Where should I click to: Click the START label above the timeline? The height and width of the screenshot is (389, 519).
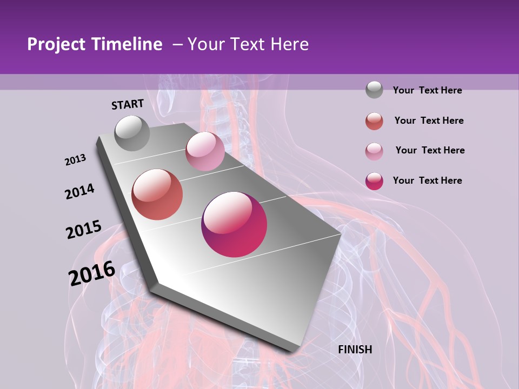pyautogui.click(x=128, y=104)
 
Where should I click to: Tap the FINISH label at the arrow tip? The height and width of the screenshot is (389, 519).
pyautogui.click(x=355, y=350)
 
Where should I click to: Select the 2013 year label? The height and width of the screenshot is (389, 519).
pyautogui.click(x=76, y=159)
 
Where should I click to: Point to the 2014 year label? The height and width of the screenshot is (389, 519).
pyautogui.click(x=80, y=191)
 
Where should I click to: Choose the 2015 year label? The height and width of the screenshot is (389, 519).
pyautogui.click(x=84, y=229)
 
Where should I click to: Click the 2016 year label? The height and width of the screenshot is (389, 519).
pyautogui.click(x=92, y=273)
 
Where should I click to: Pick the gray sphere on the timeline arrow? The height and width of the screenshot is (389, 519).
pyautogui.click(x=132, y=133)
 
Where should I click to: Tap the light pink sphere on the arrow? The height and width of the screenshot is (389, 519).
pyautogui.click(x=205, y=151)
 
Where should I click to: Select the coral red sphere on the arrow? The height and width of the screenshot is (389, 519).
pyautogui.click(x=157, y=194)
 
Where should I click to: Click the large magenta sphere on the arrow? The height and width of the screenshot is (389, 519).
pyautogui.click(x=234, y=224)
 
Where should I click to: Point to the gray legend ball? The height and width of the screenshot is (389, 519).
pyautogui.click(x=374, y=90)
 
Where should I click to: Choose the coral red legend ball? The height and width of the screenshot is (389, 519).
pyautogui.click(x=374, y=121)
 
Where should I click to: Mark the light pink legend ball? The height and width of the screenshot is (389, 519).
pyautogui.click(x=374, y=151)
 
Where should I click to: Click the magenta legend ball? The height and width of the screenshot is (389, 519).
pyautogui.click(x=374, y=181)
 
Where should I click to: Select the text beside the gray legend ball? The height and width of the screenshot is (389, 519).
pyautogui.click(x=427, y=90)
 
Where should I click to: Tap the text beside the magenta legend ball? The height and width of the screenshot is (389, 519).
pyautogui.click(x=427, y=180)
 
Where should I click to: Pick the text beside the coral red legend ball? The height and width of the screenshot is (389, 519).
pyautogui.click(x=429, y=120)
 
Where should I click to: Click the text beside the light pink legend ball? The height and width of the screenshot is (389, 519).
pyautogui.click(x=430, y=150)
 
